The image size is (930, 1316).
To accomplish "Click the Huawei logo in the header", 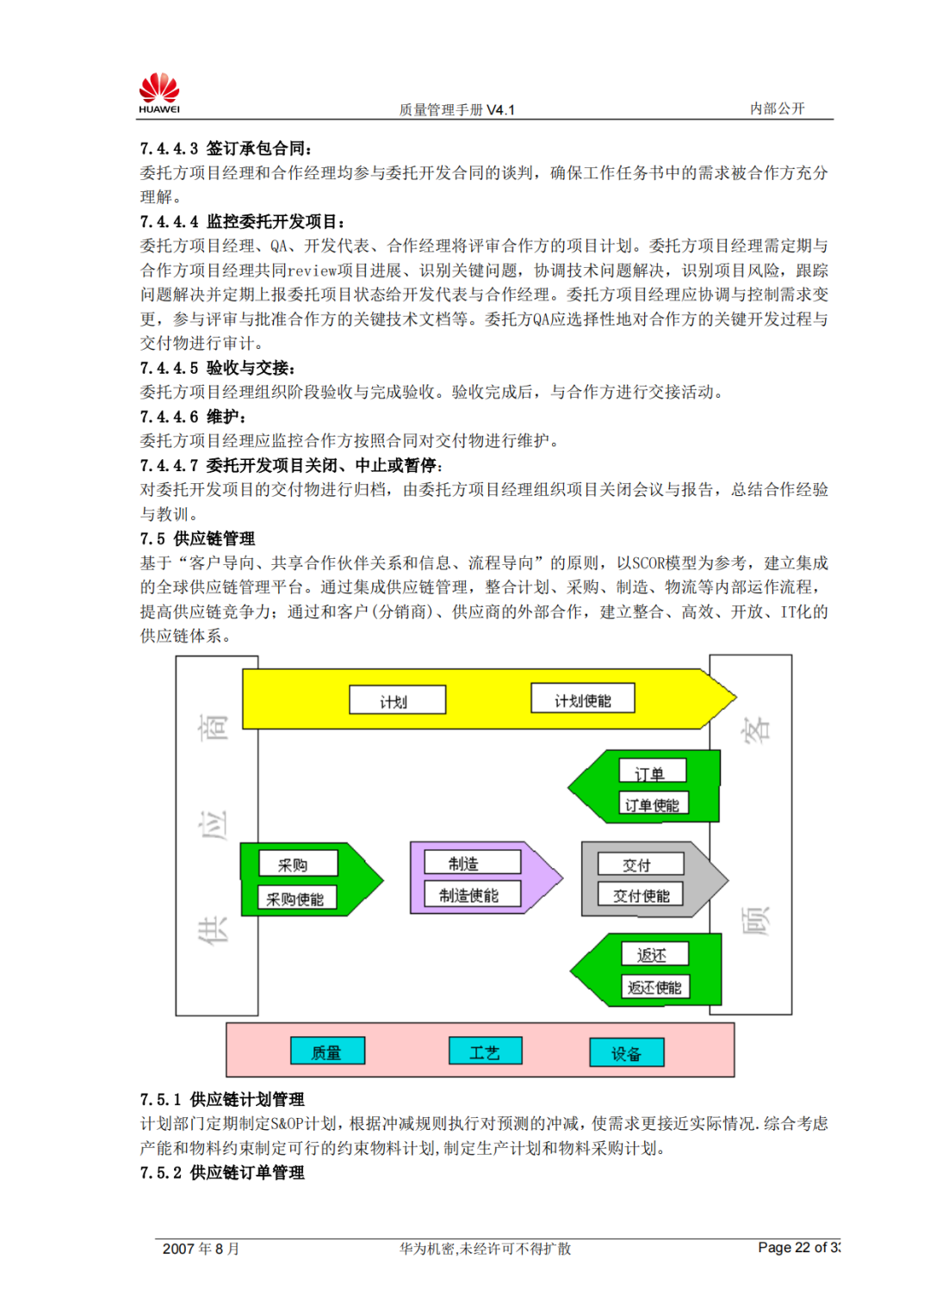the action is coord(159,93).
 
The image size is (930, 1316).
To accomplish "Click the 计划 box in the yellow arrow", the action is coord(397,700).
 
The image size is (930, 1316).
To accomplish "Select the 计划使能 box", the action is coord(583,698).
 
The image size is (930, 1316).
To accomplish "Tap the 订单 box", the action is coord(653,771).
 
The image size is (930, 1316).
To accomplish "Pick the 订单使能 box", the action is coord(653,804).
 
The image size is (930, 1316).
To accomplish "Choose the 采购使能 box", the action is coord(297,898).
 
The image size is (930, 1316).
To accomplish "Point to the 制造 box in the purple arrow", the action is coord(472,862).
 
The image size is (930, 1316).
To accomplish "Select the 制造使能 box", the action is coord(472,894).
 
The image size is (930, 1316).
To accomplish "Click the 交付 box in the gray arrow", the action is coord(640,864).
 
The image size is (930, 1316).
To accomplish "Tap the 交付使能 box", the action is coord(640,895).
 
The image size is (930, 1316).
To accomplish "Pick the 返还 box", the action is coord(654,954).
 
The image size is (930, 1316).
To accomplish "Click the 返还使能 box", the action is coord(654,986).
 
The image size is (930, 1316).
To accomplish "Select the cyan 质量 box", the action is coord(327,1052).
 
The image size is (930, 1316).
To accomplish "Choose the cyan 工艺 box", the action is coord(485,1052).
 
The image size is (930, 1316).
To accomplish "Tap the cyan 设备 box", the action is coord(626,1052).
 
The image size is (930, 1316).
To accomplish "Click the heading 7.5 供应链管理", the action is coord(198,539).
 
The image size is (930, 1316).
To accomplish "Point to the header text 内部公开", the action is coord(777,109).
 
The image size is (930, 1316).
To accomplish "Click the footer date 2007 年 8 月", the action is coord(201,1249).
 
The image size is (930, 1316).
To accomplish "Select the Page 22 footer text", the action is coord(797,1247).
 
